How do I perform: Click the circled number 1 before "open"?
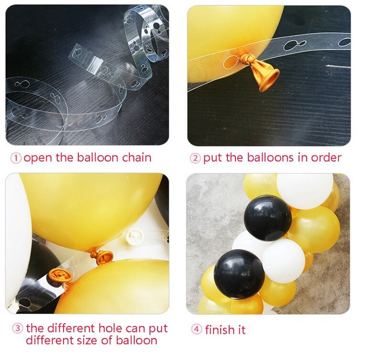(16, 158)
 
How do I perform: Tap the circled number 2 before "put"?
(195, 158)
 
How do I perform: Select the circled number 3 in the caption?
(17, 328)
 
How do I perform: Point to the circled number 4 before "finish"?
(196, 329)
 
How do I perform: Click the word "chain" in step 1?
(137, 158)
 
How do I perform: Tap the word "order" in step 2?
(326, 158)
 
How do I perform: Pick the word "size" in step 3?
(87, 340)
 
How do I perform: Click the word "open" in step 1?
(38, 158)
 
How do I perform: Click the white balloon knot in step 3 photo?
(134, 237)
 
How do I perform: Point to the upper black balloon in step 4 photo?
(267, 218)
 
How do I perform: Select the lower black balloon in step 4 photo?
(239, 274)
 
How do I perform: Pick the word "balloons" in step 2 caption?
(270, 158)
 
